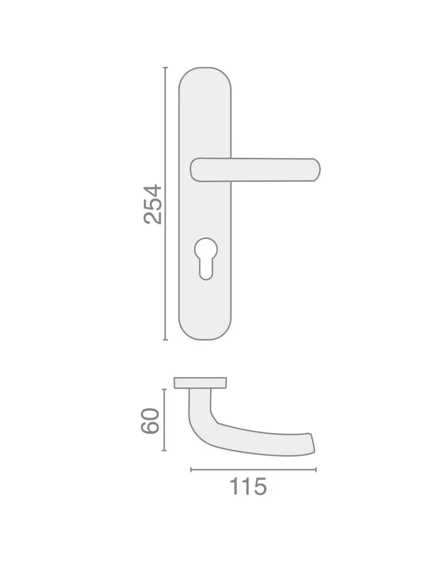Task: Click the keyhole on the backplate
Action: (x=206, y=259)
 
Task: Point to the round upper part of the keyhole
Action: (x=206, y=249)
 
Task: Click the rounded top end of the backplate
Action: (x=205, y=77)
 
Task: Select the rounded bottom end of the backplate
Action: (x=205, y=329)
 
